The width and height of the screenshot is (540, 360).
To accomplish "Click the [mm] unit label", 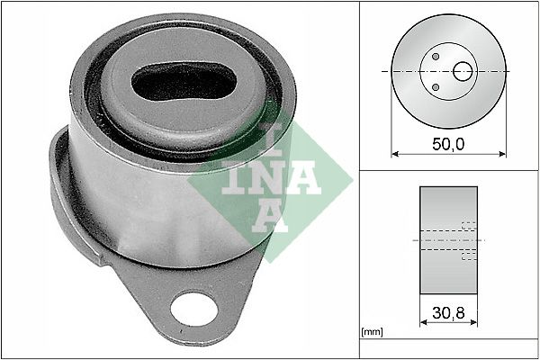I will [372, 333].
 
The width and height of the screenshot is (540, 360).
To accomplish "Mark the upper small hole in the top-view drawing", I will [436, 56].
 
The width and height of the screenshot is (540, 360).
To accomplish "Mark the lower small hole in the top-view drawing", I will [436, 87].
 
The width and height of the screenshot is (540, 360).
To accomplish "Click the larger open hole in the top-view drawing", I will [463, 71].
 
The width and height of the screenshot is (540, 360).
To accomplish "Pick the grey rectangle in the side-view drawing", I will [447, 240].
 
